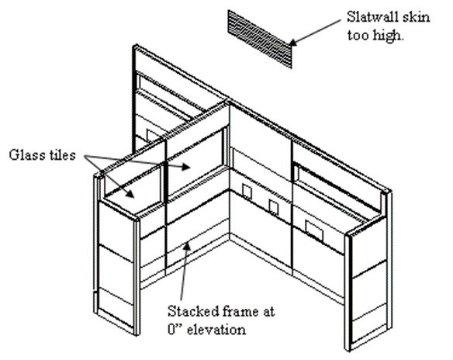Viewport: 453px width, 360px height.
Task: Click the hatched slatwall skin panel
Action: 260,39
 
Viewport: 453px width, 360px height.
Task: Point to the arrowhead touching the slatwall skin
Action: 293,43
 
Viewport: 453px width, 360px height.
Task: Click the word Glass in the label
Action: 25,155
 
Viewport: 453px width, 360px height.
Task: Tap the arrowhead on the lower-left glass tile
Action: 131,194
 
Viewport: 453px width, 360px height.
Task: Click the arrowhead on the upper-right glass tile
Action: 185,167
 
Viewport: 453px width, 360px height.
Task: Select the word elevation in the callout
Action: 216,330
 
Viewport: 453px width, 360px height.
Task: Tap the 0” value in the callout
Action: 175,330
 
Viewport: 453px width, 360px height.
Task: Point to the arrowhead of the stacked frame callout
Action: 188,247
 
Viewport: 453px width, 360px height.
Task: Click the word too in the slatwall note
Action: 358,36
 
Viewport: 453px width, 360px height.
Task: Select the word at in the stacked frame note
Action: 268,312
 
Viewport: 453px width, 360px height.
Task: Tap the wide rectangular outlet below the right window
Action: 314,230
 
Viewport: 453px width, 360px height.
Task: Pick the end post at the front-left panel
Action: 137,276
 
